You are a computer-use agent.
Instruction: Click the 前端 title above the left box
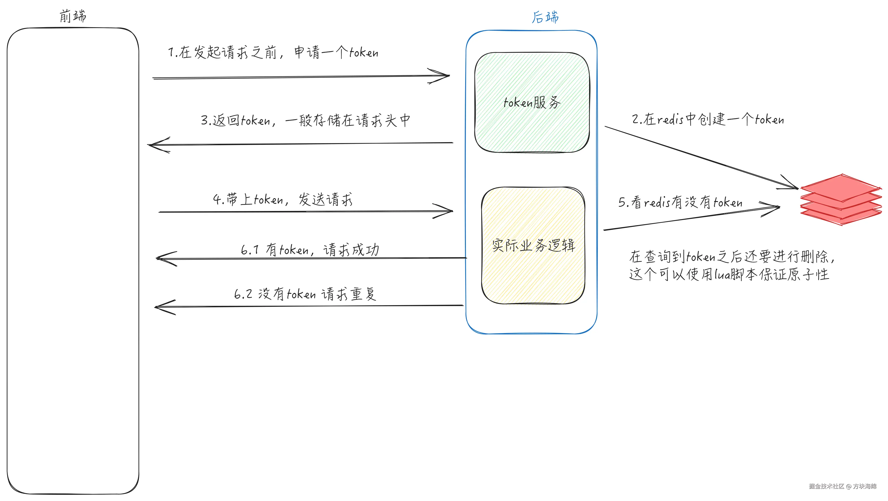click(73, 16)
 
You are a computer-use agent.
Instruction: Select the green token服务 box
click(532, 102)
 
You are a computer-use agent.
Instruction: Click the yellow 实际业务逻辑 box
click(533, 245)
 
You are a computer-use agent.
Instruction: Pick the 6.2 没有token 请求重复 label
click(305, 294)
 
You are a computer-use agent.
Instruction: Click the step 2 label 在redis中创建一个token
click(708, 119)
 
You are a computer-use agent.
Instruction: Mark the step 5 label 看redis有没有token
click(680, 202)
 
